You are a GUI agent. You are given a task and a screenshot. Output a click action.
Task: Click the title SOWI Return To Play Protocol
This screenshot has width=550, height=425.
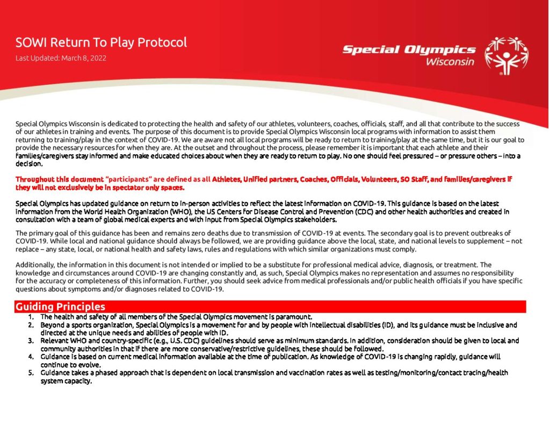pyautogui.click(x=101, y=42)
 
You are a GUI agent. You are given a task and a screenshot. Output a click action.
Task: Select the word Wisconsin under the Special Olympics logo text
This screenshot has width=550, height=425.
pyautogui.click(x=450, y=62)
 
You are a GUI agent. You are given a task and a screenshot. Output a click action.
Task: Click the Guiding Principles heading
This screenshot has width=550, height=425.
pyautogui.click(x=60, y=307)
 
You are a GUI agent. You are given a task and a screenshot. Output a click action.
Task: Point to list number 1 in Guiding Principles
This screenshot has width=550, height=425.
pyautogui.click(x=31, y=317)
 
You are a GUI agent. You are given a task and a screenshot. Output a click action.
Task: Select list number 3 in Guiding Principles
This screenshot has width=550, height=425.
pyautogui.click(x=31, y=341)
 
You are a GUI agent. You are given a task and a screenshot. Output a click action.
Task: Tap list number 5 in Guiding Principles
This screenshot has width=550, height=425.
pyautogui.click(x=31, y=372)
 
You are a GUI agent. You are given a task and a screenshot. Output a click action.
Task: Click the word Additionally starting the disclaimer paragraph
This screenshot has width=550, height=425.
pyautogui.click(x=34, y=265)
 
